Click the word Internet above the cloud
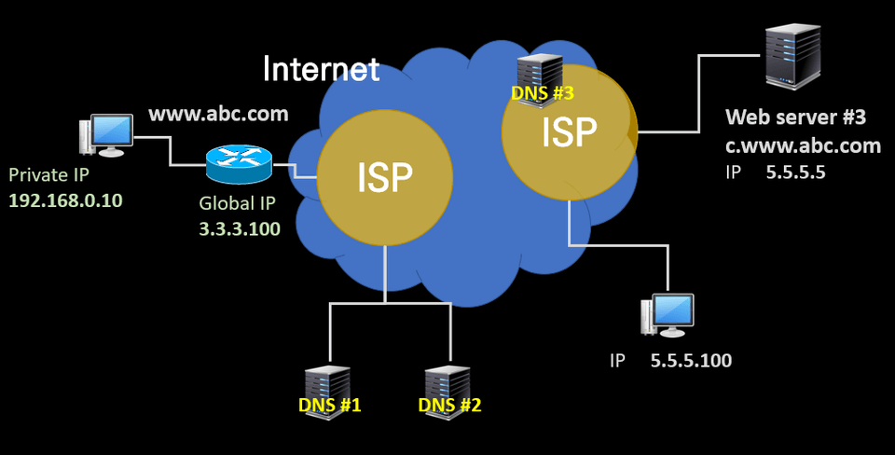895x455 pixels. click(x=322, y=68)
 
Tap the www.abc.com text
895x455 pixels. click(x=219, y=115)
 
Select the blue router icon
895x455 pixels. click(x=239, y=165)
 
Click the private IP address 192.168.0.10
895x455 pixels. click(x=65, y=200)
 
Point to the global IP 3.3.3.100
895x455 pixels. click(x=240, y=227)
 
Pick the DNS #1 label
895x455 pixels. click(x=329, y=406)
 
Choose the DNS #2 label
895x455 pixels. click(x=450, y=406)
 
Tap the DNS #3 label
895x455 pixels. click(x=543, y=93)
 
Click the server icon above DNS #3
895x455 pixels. click(x=541, y=67)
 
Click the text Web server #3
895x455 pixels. click(x=796, y=118)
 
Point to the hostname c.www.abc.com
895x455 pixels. click(x=803, y=145)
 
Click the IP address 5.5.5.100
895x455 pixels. click(x=691, y=360)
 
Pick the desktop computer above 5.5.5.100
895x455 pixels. click(x=668, y=315)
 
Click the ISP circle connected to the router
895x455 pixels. click(x=385, y=178)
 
